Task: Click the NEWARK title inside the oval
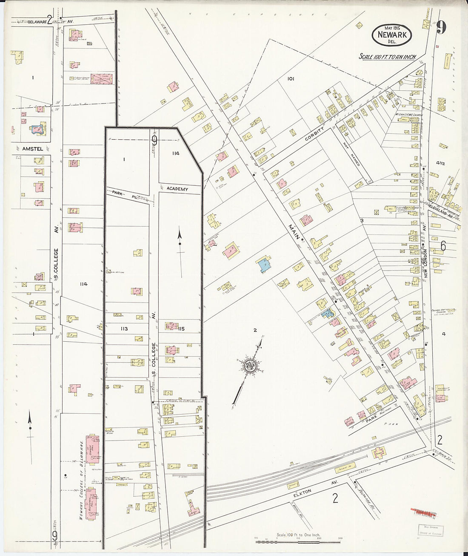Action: (x=392, y=35)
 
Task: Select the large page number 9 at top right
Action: (x=441, y=28)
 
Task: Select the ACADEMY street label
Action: (x=177, y=189)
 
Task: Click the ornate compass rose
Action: (x=248, y=366)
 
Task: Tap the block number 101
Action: (x=291, y=79)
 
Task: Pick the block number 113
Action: (x=124, y=328)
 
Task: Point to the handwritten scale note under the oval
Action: (x=387, y=57)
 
